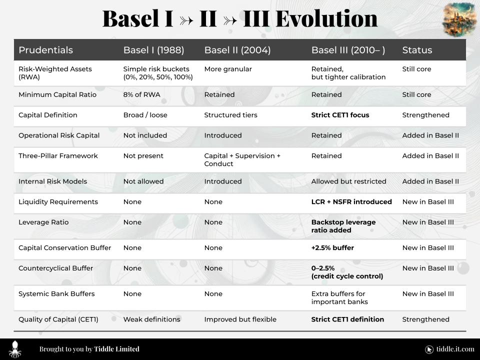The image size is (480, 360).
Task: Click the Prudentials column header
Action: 45,50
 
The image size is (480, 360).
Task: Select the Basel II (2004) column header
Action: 237,50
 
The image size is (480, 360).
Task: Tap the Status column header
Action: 417,50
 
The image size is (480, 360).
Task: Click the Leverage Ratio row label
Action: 43,222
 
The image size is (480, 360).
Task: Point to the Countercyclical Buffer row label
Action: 55,268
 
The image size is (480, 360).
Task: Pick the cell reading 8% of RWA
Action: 141,94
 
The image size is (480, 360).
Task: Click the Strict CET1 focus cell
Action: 340,115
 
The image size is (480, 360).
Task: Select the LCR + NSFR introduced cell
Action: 351,201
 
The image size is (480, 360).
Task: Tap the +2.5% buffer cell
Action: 332,247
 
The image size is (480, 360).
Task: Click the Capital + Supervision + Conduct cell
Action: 242,159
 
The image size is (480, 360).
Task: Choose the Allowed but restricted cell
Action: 348,181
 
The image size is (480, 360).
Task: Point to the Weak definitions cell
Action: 152,319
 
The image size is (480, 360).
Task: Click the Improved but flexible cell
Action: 240,319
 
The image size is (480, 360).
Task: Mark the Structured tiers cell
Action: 231,115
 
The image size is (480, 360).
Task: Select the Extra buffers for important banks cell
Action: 339,297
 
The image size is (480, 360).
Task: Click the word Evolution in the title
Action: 326,18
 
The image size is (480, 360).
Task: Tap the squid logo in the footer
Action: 14,349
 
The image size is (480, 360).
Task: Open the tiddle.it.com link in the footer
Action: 455,349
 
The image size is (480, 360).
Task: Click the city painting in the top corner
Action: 459,20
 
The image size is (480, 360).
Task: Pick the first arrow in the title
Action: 186,20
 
